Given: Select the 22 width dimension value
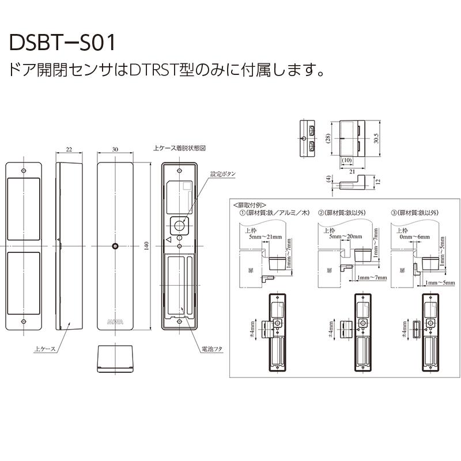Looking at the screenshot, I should [x=69, y=149].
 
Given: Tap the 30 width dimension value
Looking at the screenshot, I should [x=115, y=149].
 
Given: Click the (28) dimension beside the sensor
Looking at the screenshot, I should [x=328, y=139].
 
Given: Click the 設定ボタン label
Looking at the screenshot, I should [x=222, y=173].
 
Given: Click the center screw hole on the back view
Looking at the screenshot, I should [x=115, y=247].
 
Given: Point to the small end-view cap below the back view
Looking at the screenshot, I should [x=115, y=358].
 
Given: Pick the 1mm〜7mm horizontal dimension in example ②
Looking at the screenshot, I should [x=372, y=278].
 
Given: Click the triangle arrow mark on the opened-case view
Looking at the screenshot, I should [x=168, y=239].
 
